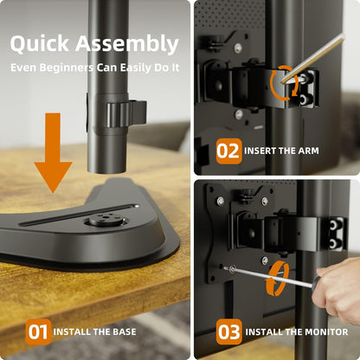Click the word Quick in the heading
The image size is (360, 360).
coord(43,44)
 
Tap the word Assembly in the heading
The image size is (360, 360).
coord(130,44)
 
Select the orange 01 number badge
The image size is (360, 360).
coord(38,331)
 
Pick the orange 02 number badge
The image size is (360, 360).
coord(228,151)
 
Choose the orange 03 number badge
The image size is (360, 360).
coord(228,331)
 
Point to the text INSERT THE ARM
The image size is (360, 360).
coord(281,151)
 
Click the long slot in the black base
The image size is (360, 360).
coord(78,213)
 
